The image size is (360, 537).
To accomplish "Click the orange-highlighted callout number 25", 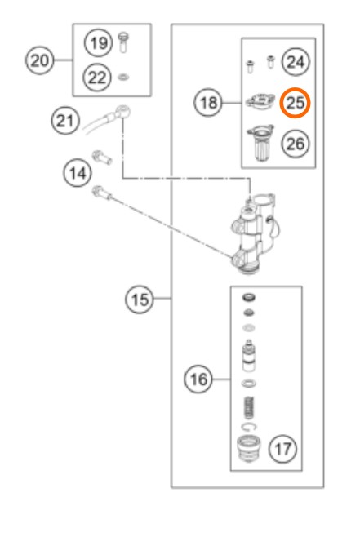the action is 295,103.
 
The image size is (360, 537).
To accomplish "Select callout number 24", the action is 296,62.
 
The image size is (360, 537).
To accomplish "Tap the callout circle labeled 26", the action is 296,144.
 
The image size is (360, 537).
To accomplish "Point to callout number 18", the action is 208,102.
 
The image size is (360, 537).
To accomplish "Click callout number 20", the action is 40,60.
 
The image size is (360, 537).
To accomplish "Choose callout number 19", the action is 98,42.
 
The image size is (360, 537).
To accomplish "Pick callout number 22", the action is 97,77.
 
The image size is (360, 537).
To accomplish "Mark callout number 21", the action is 65,121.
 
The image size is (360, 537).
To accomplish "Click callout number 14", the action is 78,173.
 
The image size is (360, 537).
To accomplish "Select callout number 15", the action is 139,300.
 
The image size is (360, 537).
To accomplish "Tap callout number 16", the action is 198,379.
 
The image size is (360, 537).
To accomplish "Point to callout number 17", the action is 283,449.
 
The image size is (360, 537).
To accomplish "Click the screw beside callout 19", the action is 123,42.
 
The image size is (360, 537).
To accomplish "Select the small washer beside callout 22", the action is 123,78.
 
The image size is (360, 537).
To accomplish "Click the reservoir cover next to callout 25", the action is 260,102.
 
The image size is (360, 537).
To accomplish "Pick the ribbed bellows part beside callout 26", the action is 260,143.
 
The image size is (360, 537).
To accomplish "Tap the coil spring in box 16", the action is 249,408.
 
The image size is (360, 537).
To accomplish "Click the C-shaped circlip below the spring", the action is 249,427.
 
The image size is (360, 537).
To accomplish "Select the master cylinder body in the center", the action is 256,233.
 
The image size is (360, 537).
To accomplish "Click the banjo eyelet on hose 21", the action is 122,112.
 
